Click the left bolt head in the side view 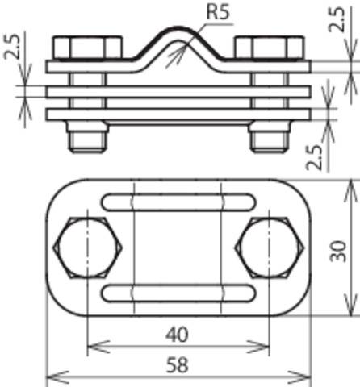coord(89,48)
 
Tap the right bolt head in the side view coord(267,48)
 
